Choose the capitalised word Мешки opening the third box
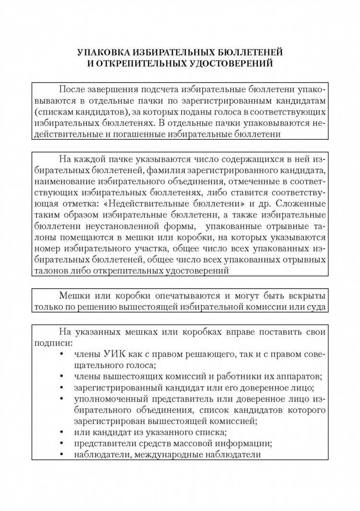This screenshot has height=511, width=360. (73, 295)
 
